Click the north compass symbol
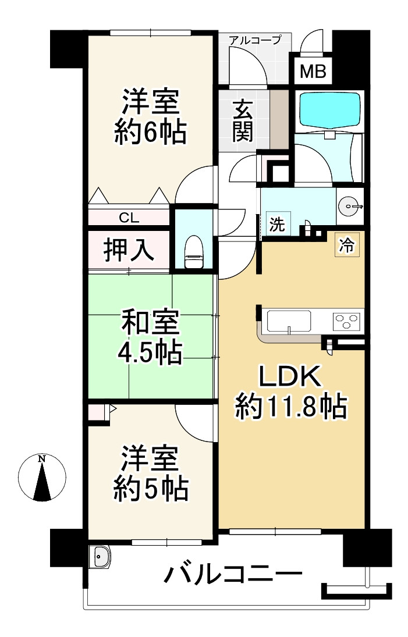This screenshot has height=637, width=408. [x=41, y=478]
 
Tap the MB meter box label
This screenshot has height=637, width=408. [x=313, y=73]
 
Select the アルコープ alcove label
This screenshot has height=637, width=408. [x=254, y=40]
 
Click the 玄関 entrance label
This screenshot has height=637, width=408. [x=242, y=120]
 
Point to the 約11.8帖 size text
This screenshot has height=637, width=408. [x=290, y=407]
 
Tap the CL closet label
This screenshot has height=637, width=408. [x=129, y=218]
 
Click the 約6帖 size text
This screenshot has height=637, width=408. [x=150, y=133]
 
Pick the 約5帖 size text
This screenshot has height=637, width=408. [x=150, y=490]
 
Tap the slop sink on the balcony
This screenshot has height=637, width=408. [x=100, y=557]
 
